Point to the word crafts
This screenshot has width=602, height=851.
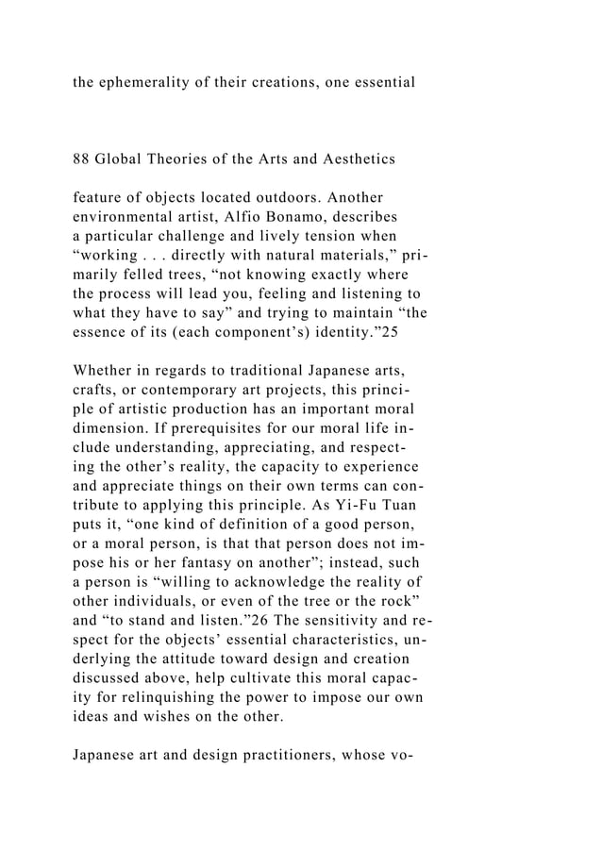[x=98, y=392]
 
